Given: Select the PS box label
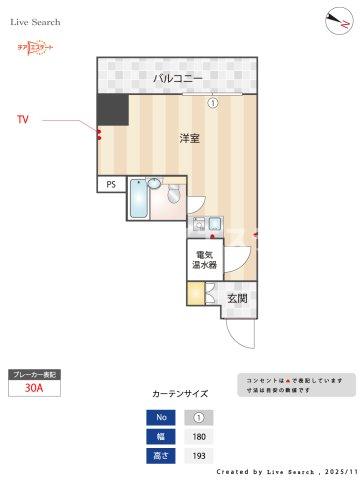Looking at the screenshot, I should click(x=110, y=184).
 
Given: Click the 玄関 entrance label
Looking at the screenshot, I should click(x=236, y=297).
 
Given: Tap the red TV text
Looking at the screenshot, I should click(x=23, y=120).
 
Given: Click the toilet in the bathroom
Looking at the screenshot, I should click(x=173, y=193).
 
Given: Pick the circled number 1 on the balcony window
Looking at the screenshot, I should click(x=212, y=101).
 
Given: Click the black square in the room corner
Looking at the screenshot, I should click(x=110, y=110).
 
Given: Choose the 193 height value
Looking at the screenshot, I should click(x=198, y=456).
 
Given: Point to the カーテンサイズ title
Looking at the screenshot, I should click(x=179, y=393).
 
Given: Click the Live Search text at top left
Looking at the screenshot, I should click(x=38, y=21).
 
